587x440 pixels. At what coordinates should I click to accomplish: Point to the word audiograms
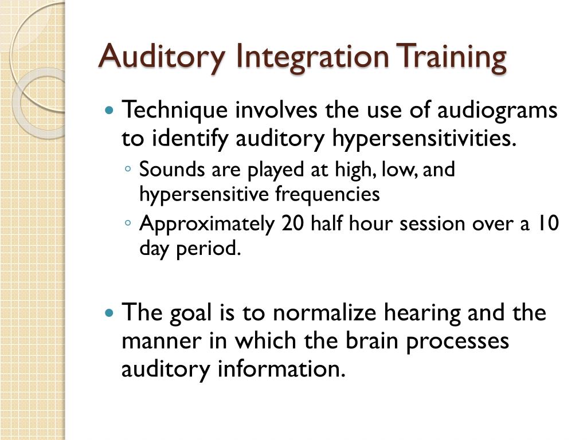pos(497,110)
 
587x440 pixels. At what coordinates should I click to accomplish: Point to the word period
pos(210,249)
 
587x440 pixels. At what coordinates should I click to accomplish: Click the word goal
pos(187,313)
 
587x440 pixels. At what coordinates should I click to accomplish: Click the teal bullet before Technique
pos(111,109)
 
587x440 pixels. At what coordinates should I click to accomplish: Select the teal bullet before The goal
pos(111,313)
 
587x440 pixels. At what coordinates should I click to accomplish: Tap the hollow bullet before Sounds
pos(128,170)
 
